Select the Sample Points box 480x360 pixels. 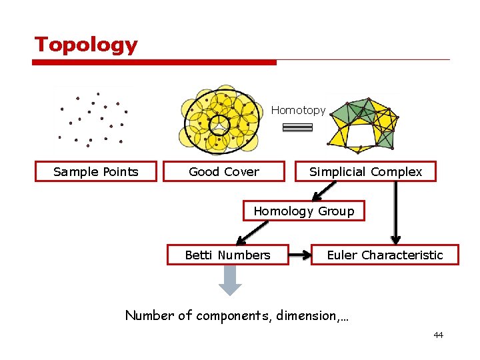coord(96,171)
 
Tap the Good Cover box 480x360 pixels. coord(224,171)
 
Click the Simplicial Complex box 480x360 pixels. coord(365,171)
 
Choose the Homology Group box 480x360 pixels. coord(303,211)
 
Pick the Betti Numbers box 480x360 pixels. coord(227,255)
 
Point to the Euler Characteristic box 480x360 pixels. coord(385,255)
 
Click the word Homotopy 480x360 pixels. coord(298,110)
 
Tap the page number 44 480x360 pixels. coord(438,335)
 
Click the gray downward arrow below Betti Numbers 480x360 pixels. coord(230,280)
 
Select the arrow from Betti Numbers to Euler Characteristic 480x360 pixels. coord(300,255)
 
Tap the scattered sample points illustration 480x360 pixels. coord(93,119)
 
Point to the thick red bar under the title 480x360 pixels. coord(154,62)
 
